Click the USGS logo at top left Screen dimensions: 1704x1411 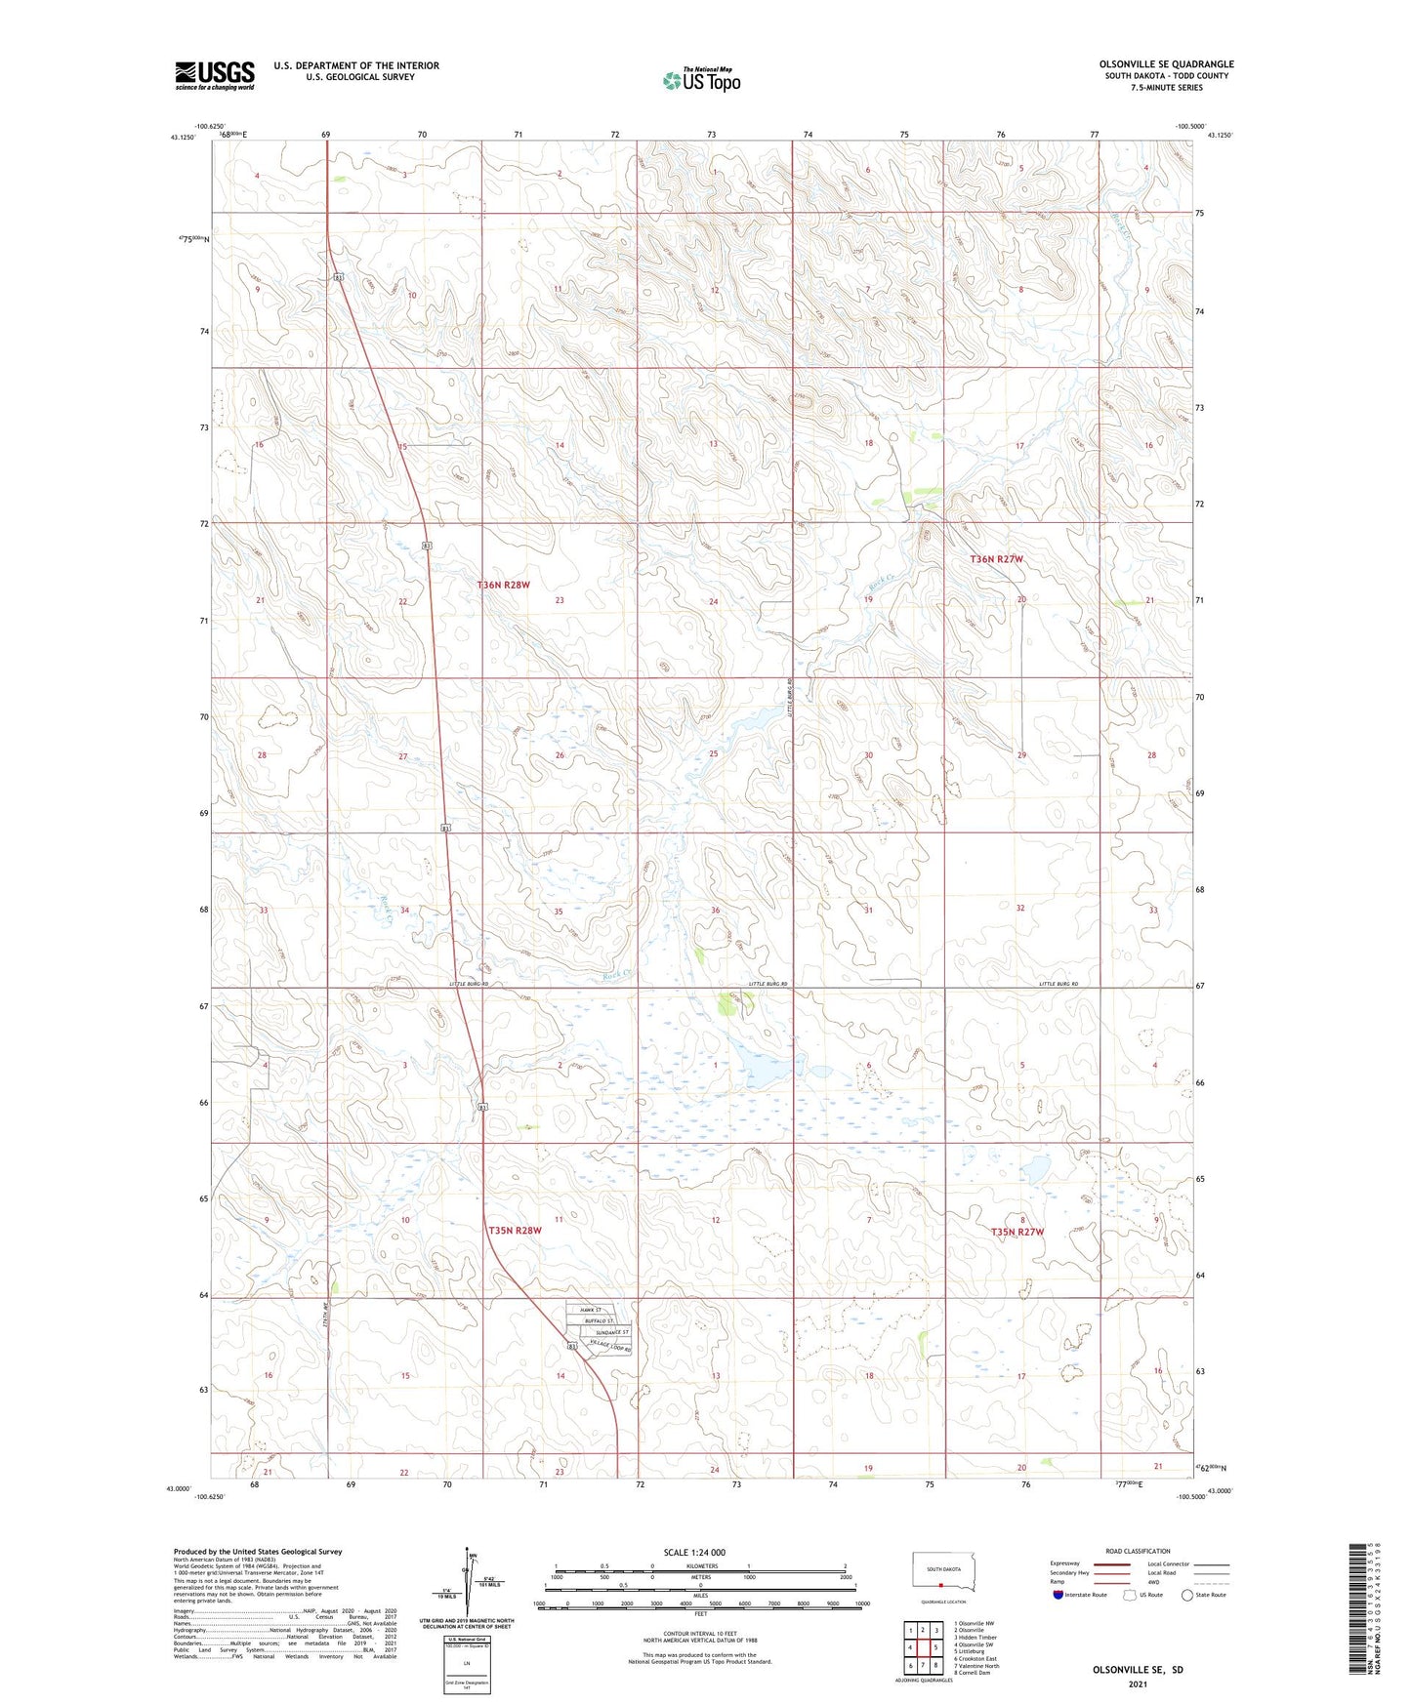pos(215,75)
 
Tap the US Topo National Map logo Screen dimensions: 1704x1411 pos(700,80)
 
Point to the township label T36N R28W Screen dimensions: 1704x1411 pos(504,585)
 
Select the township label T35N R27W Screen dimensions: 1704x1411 pos(1017,1232)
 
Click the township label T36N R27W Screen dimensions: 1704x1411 pos(997,559)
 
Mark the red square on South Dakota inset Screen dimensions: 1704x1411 pos(939,1585)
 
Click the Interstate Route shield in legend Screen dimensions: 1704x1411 pos(1058,1595)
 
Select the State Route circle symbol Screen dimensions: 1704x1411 pos(1187,1595)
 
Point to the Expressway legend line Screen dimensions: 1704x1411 pos(1112,1563)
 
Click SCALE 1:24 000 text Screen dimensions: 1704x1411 pos(694,1553)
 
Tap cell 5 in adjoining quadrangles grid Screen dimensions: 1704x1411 pos(935,1647)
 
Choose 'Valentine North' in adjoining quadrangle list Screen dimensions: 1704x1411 pos(976,1666)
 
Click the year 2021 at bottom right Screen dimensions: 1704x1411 pos(1137,1684)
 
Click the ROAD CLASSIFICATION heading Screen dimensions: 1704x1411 pos(1137,1551)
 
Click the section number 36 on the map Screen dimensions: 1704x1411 pos(716,911)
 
